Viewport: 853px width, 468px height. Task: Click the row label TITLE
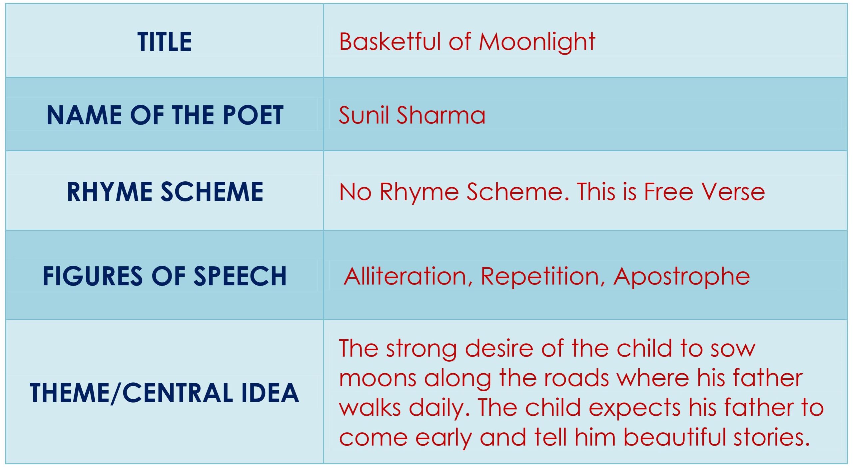[x=165, y=42]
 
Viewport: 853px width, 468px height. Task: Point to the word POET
[x=253, y=115]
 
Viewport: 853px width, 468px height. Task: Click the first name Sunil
[x=364, y=115]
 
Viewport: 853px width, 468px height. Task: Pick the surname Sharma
[x=441, y=115]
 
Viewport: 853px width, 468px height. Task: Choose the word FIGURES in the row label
[x=93, y=276]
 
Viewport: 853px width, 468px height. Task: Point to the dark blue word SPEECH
[x=240, y=276]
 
